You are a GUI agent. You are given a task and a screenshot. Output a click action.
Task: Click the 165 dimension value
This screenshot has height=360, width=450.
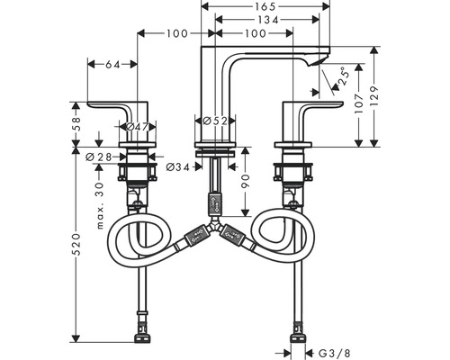pos(265,6)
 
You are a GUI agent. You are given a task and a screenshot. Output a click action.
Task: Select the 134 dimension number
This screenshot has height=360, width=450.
pos(268,20)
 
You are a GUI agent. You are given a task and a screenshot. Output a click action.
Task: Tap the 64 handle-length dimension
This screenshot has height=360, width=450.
pos(112,64)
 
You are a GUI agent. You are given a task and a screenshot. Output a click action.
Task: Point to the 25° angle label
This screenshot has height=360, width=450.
pos(344,77)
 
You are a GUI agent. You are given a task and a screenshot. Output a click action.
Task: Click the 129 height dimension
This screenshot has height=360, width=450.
pos(374,96)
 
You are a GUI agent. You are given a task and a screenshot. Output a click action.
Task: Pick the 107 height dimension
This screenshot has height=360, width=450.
pos(359,103)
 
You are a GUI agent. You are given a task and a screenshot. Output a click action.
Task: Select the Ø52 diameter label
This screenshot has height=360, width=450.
pos(215,121)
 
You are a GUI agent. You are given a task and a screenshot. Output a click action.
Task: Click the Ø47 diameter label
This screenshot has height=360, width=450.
pos(138,127)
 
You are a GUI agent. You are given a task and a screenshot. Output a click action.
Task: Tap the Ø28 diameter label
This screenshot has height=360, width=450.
pos(99,157)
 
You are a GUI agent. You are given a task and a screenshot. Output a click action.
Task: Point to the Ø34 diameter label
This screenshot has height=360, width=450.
pos(178,167)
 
